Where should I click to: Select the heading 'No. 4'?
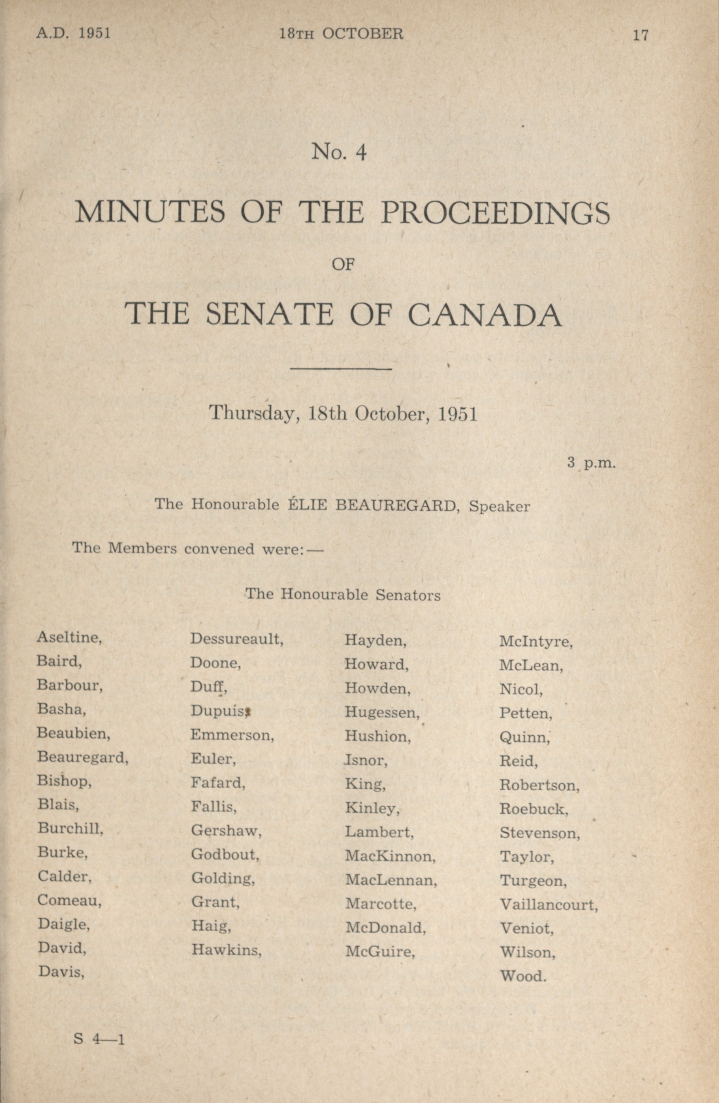click(339, 152)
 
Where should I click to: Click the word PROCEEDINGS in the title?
click(495, 213)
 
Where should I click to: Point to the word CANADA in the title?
click(484, 315)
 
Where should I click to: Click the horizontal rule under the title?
click(341, 369)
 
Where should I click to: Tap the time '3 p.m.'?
click(591, 463)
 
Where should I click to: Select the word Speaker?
click(499, 506)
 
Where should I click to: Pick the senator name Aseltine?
click(69, 638)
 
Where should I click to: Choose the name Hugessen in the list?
click(382, 713)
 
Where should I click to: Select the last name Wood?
click(523, 976)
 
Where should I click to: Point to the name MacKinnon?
click(390, 856)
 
